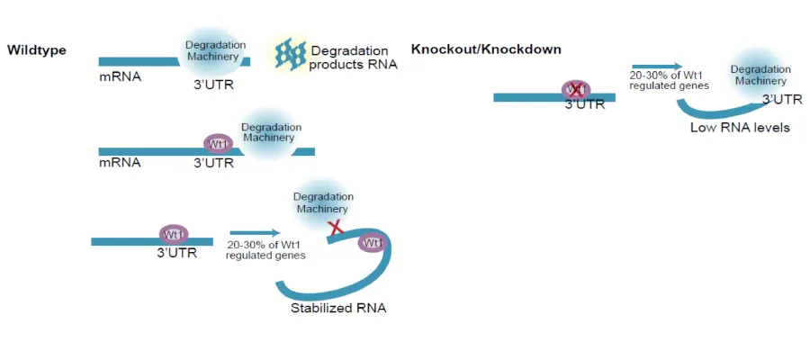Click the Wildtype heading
tap(37, 49)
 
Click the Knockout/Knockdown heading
tap(486, 49)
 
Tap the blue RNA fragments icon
tap(291, 56)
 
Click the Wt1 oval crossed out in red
tap(577, 89)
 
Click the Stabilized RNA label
tap(338, 308)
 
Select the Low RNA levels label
tap(740, 128)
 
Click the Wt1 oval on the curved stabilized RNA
tap(372, 243)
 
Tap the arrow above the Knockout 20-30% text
tap(657, 67)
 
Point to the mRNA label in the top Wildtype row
tap(120, 76)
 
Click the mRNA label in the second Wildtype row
tap(120, 163)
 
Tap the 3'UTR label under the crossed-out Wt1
tap(585, 104)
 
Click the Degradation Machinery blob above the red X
tap(323, 202)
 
